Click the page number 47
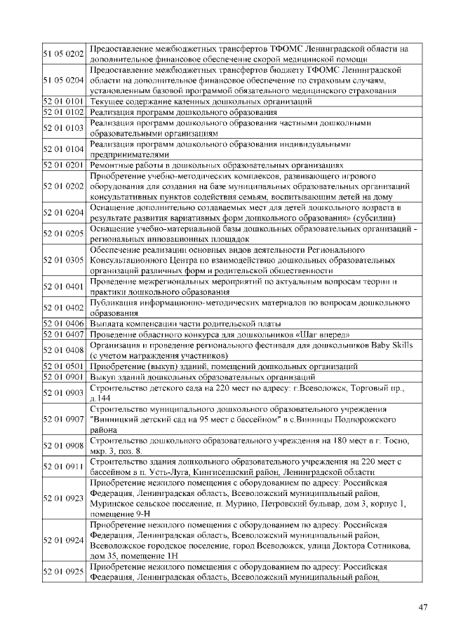pyautogui.click(x=422, y=607)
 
